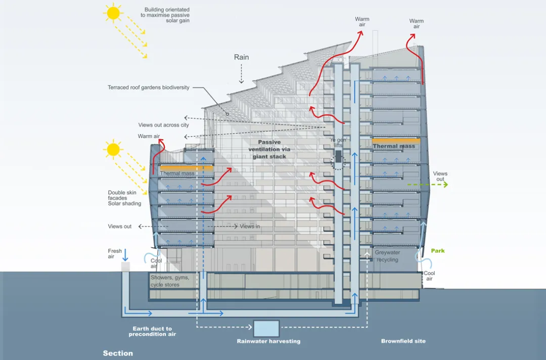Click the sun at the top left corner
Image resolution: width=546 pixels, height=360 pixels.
click(113, 13)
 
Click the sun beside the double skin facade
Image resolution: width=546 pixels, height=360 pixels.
click(113, 149)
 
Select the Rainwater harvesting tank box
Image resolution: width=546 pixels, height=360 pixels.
click(266, 329)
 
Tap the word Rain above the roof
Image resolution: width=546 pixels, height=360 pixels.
click(241, 57)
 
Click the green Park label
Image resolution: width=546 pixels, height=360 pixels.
click(438, 251)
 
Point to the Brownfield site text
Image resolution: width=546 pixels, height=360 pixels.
click(403, 341)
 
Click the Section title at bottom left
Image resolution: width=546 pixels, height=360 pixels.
click(118, 353)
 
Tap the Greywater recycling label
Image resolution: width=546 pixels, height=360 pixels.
click(387, 256)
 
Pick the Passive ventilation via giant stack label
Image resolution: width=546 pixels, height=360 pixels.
click(269, 149)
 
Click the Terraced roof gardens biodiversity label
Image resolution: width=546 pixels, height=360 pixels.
click(149, 87)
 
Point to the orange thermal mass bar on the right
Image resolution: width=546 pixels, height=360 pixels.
click(396, 141)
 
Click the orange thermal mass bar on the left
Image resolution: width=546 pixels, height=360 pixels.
click(178, 168)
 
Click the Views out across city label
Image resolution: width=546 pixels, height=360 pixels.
click(163, 125)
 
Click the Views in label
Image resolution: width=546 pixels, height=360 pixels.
click(250, 227)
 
